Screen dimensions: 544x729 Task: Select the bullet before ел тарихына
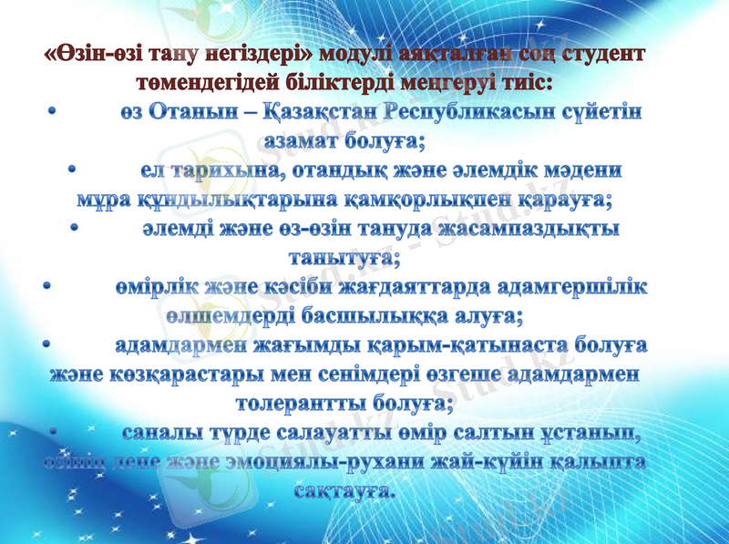click(x=73, y=170)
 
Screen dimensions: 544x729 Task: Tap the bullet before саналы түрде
click(x=54, y=431)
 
